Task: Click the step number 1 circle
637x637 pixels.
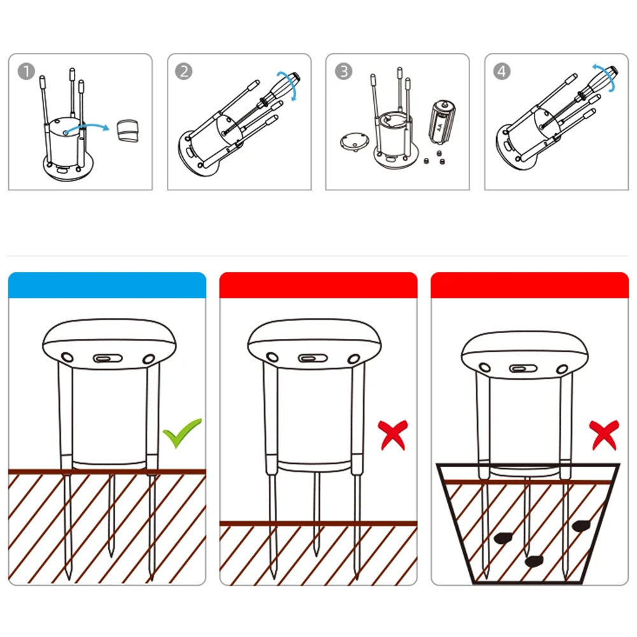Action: [x=26, y=71]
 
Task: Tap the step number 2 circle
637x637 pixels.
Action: [x=183, y=71]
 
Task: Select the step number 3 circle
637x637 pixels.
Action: [x=343, y=71]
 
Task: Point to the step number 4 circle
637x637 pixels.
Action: [x=502, y=71]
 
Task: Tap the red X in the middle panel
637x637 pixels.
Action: [x=392, y=435]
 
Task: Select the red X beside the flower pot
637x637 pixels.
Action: [x=604, y=435]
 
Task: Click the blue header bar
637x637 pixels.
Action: [x=107, y=285]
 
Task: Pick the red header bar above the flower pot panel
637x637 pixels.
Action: [x=530, y=285]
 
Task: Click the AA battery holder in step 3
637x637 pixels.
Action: [x=441, y=122]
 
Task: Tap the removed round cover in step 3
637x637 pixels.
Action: [x=355, y=141]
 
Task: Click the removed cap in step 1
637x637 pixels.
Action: [x=127, y=131]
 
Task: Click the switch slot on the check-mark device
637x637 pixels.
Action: [x=108, y=358]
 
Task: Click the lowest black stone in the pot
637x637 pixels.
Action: [x=534, y=561]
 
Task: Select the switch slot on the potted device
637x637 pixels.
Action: [x=523, y=368]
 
